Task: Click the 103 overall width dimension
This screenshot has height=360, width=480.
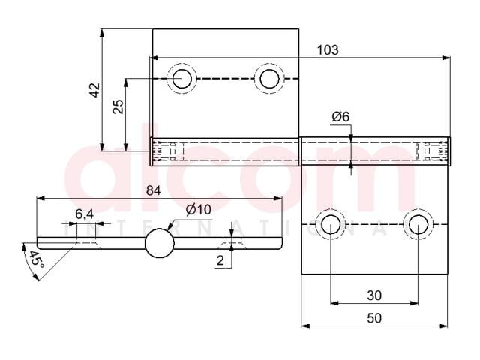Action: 328,50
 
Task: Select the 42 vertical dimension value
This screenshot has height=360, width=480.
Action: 95,90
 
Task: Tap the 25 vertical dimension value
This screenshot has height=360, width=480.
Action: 118,106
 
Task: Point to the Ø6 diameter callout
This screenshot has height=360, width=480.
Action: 340,117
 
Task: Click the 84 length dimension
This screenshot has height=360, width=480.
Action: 153,190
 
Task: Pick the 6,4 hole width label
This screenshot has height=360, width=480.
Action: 85,214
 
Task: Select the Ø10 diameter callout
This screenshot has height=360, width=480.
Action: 198,210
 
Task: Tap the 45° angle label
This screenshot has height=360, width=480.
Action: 37,259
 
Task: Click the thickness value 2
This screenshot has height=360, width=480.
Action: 220,260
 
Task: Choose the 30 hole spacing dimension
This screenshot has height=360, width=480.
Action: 374,295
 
